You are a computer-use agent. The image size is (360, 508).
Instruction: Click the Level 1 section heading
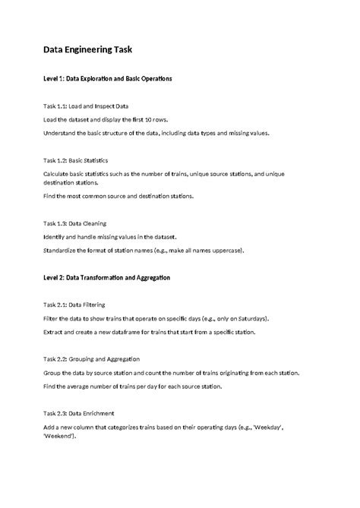click(x=107, y=79)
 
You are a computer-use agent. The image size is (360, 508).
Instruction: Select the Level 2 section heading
click(x=106, y=278)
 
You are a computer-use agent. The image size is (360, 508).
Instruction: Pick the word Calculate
click(x=58, y=174)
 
